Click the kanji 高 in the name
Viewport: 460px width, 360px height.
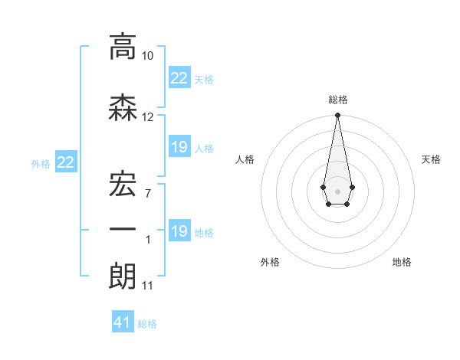click(123, 47)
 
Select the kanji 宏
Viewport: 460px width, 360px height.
click(123, 182)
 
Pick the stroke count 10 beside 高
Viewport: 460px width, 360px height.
click(148, 56)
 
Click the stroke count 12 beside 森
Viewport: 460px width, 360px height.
click(148, 117)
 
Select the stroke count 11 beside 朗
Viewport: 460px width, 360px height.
click(148, 286)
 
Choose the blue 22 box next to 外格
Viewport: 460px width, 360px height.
click(66, 162)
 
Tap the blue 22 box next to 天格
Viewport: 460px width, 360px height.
click(179, 78)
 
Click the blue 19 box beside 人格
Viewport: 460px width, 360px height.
click(179, 147)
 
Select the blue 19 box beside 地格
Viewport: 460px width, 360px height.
click(179, 231)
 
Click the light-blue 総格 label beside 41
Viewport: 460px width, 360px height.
click(147, 324)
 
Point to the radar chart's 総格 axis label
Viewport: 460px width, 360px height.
click(337, 100)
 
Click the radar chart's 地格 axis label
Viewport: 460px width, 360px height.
click(402, 263)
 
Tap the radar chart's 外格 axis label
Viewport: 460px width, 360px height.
click(270, 263)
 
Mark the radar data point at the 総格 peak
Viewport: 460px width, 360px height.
click(337, 116)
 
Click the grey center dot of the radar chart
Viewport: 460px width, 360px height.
click(337, 190)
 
